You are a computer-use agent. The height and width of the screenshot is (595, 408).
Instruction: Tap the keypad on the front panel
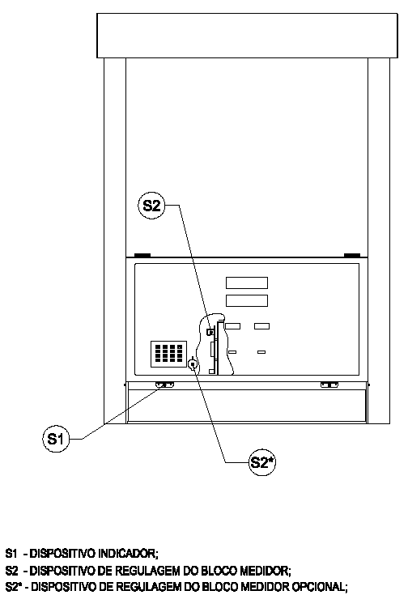[x=169, y=354]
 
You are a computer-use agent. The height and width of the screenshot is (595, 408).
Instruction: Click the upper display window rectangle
[x=247, y=283]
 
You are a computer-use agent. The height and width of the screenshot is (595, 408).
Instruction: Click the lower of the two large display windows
[x=247, y=300]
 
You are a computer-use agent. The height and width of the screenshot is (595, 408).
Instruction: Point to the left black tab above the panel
[x=142, y=255]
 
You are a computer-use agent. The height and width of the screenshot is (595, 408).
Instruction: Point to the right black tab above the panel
[x=352, y=255]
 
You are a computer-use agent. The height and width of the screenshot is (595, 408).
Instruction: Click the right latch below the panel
[x=329, y=385]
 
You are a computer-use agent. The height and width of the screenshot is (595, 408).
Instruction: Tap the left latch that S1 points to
[x=164, y=385]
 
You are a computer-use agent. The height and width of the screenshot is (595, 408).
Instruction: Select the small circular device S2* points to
[x=193, y=364]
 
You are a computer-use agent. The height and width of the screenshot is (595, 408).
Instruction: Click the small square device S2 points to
[x=210, y=332]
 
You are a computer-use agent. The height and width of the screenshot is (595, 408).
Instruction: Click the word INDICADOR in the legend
[x=128, y=553]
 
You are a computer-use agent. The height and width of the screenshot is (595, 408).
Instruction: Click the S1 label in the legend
[x=11, y=553]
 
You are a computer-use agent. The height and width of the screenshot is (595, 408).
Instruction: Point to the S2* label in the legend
[x=12, y=587]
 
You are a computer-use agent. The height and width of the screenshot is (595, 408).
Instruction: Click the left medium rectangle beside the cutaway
[x=232, y=326]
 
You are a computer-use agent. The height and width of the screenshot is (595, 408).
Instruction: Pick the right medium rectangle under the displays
[x=261, y=326]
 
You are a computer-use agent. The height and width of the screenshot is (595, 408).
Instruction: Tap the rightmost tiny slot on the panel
[x=261, y=352]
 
